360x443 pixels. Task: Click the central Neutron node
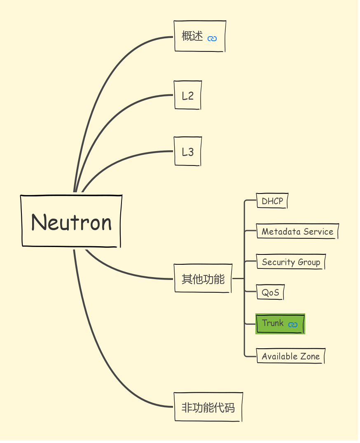click(x=71, y=221)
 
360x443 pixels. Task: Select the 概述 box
click(x=193, y=36)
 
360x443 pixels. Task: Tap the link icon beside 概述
click(x=212, y=39)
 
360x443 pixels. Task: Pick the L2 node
click(x=188, y=96)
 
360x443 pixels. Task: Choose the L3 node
click(x=188, y=152)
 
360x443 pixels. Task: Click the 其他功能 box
click(x=203, y=279)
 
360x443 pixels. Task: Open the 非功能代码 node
click(x=208, y=407)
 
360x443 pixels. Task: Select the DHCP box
click(x=272, y=201)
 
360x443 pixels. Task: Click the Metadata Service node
click(x=297, y=231)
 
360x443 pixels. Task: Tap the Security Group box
click(x=291, y=262)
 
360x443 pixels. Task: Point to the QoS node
click(x=270, y=293)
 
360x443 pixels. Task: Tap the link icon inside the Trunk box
click(x=293, y=325)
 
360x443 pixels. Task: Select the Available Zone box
click(x=290, y=356)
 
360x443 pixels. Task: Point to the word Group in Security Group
click(x=309, y=263)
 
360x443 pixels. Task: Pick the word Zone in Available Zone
click(x=310, y=356)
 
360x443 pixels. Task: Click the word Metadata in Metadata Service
click(x=281, y=231)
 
